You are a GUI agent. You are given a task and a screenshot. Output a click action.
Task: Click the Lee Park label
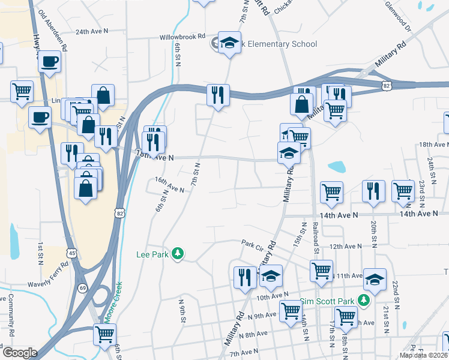(x=152, y=254)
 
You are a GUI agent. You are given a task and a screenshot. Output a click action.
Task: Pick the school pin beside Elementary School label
(x=229, y=42)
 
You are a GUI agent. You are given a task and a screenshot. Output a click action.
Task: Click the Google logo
(x=20, y=353)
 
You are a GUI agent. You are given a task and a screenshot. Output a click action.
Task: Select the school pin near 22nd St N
(x=375, y=279)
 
